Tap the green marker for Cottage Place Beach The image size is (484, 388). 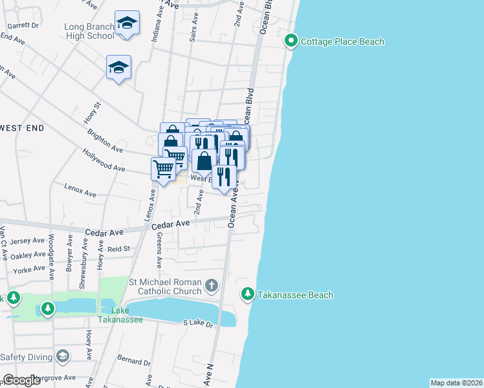(x=291, y=42)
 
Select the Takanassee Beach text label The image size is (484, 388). (x=296, y=296)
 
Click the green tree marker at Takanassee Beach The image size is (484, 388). (x=247, y=295)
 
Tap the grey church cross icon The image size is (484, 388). (x=211, y=285)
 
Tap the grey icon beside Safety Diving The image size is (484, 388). (x=62, y=356)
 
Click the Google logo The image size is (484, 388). (x=21, y=380)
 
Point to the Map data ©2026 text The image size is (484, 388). (x=456, y=383)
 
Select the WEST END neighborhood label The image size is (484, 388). (x=22, y=128)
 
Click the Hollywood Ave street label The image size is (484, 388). (x=104, y=159)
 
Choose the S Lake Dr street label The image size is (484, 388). (x=197, y=322)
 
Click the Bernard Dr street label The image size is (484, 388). (x=134, y=359)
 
